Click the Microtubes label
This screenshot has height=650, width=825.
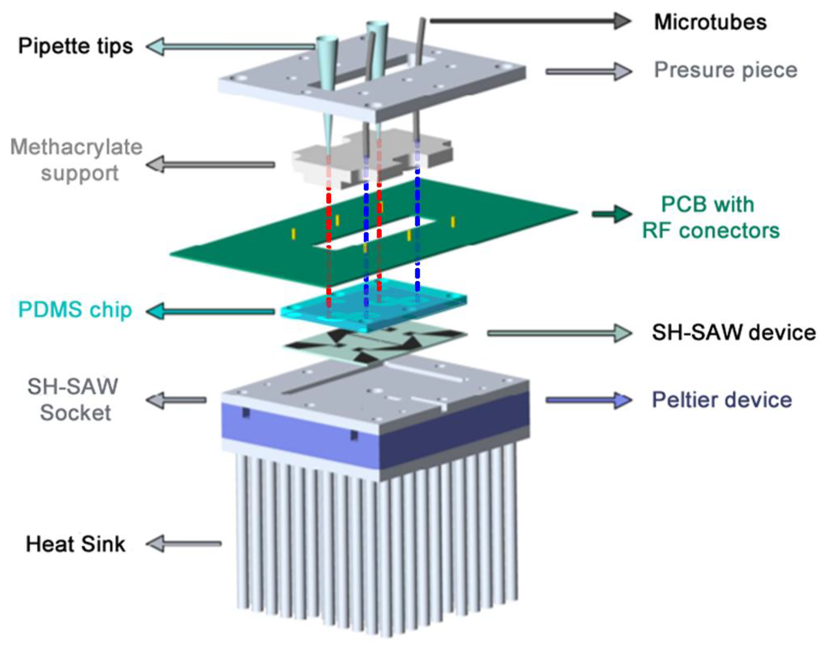click(x=710, y=22)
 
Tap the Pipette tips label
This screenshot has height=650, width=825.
click(x=76, y=46)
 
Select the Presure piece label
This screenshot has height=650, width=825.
click(x=725, y=70)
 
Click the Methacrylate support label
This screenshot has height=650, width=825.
click(x=76, y=160)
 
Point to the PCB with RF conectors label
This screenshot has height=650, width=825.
click(x=710, y=217)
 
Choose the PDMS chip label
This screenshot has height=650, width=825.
click(x=75, y=310)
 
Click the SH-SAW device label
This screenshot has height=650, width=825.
click(x=734, y=332)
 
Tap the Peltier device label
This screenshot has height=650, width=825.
click(x=721, y=400)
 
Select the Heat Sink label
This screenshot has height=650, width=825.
click(x=75, y=544)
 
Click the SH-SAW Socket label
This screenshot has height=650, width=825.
click(x=73, y=400)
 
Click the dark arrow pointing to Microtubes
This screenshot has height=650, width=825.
click(x=529, y=20)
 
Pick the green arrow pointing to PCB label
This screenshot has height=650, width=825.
click(x=611, y=214)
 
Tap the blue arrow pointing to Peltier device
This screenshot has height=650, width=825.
click(x=588, y=400)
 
